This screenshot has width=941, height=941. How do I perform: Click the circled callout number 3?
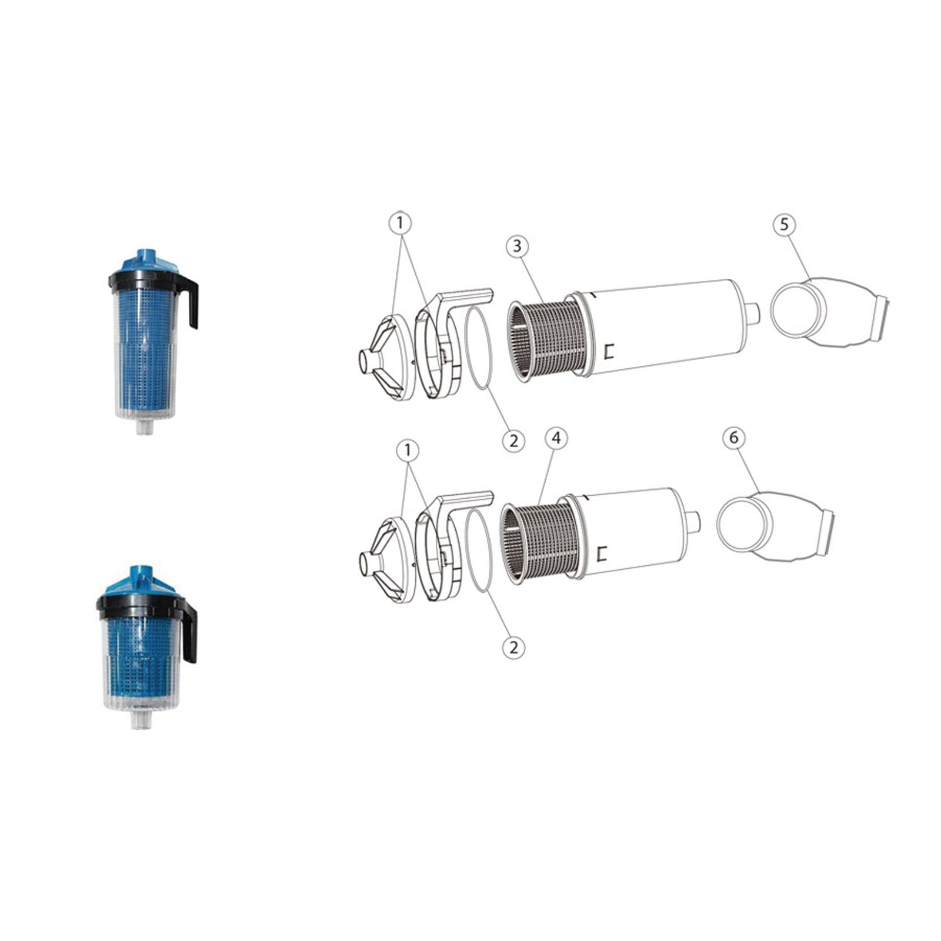coord(517,245)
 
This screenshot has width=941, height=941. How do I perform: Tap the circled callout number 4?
coord(556,438)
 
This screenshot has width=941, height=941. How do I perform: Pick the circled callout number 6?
coord(733,438)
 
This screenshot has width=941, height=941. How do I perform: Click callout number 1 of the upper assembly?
coord(401,223)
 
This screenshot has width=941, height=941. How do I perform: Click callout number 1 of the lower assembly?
coord(408,451)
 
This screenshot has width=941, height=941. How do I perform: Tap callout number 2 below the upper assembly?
coord(513,439)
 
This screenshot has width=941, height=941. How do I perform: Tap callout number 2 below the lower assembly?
coord(513,648)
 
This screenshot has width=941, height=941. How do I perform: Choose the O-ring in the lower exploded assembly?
coord(478,552)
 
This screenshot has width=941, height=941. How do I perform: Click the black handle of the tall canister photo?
coord(192,300)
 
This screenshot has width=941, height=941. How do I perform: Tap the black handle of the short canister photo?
coord(190,632)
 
